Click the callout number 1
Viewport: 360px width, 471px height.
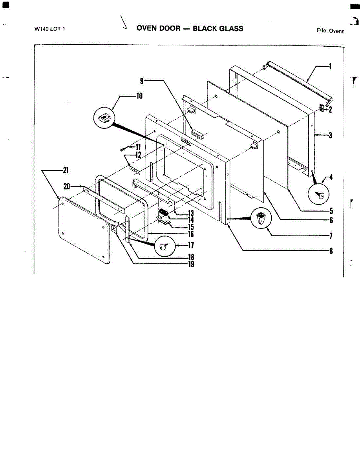point(330,66)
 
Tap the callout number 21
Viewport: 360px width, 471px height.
point(65,170)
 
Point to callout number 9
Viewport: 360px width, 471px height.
point(142,80)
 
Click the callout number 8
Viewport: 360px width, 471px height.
point(331,251)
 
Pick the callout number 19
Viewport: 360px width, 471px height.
point(191,264)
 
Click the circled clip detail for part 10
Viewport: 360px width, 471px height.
point(104,117)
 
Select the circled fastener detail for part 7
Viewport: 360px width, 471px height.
point(260,219)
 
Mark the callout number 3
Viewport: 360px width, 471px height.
point(331,136)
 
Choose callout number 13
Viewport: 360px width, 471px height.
point(191,213)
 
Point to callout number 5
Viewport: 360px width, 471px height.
point(331,210)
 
